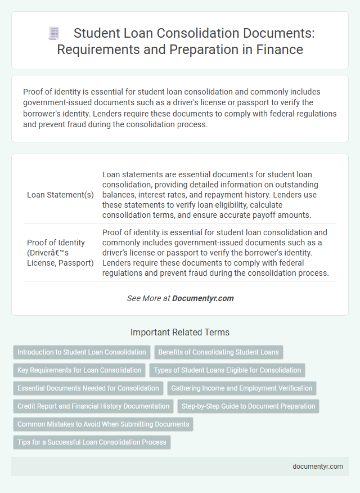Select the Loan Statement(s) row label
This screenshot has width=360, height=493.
(x=61, y=195)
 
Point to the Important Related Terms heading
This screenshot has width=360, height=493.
(x=180, y=332)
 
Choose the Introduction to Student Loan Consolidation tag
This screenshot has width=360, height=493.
(x=82, y=352)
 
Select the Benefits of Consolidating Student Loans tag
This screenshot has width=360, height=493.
(x=218, y=352)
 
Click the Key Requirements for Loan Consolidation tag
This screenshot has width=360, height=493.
(x=79, y=370)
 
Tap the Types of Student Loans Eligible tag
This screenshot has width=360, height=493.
(x=227, y=370)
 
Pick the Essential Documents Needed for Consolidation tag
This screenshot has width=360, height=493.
(x=88, y=388)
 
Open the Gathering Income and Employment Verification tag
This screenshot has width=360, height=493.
(x=242, y=388)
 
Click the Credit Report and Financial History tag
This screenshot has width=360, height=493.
(x=93, y=406)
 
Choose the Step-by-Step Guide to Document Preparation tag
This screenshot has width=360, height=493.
(x=248, y=406)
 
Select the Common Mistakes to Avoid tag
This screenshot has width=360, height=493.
(x=103, y=424)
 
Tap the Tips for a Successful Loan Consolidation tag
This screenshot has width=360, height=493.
(x=92, y=442)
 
